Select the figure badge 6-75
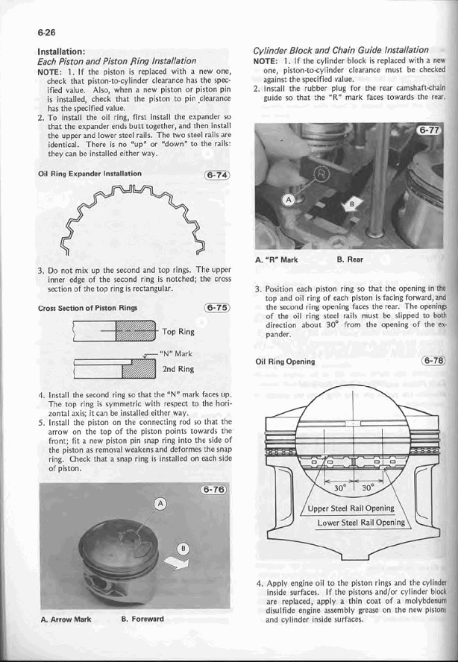coord(216,308)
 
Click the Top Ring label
coord(179,332)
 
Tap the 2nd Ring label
coord(179,368)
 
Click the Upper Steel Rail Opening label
coord(352,508)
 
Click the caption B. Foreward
coord(142,619)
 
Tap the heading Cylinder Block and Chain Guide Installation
coord(340,49)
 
